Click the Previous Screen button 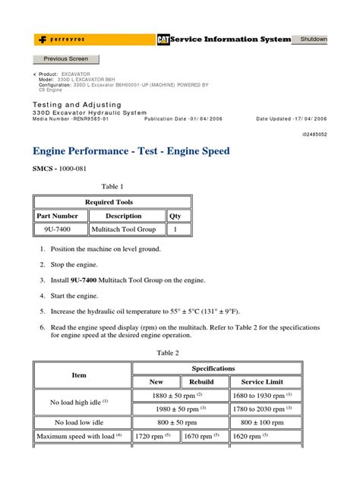pos(65,58)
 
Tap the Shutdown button pos(313,39)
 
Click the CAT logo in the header pos(163,39)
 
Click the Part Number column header pos(58,216)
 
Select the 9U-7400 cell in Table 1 pos(58,229)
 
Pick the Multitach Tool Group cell pos(123,229)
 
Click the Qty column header pos(175,216)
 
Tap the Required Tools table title pos(109,203)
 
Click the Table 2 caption pos(168,352)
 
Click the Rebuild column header pos(201,382)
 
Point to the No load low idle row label pos(79,422)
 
